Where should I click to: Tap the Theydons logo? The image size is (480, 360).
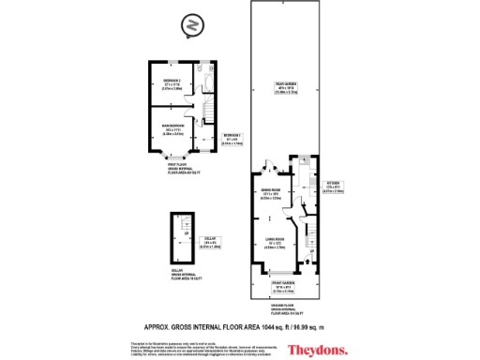[313, 350]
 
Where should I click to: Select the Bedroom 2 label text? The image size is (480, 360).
[171, 83]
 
